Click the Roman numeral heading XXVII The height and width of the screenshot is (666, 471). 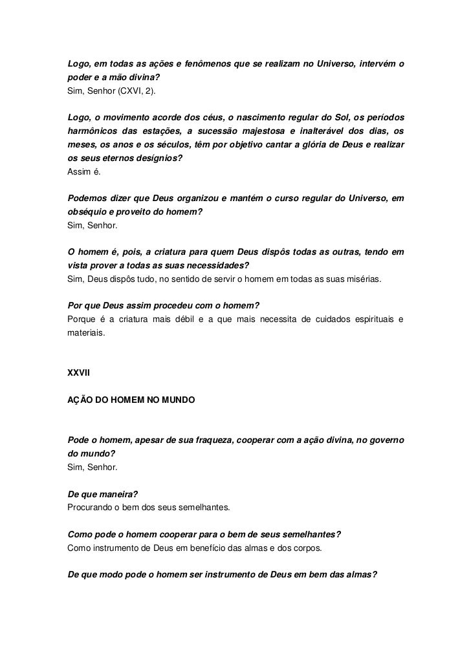tap(78, 372)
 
